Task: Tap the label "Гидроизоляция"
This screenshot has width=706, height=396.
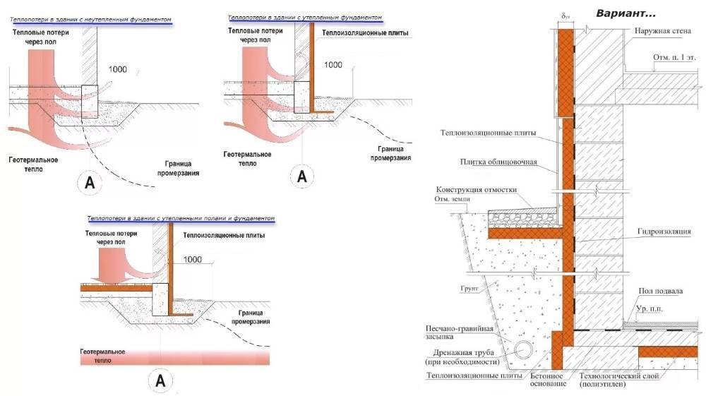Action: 666,231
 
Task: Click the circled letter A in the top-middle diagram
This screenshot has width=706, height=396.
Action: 302,176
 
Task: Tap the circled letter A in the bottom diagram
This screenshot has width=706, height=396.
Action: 160,380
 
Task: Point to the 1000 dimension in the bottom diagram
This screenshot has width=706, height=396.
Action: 192,259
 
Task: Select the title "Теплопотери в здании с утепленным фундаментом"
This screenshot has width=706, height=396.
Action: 304,16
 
